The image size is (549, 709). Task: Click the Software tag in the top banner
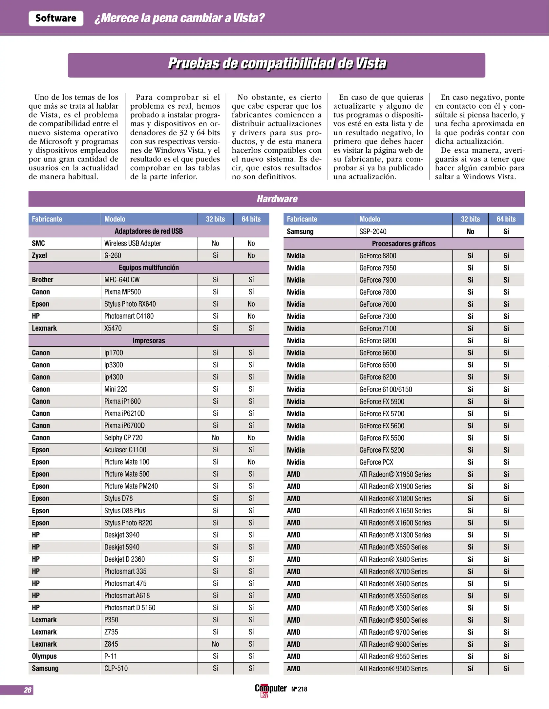coord(56,18)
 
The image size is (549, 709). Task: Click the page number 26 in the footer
coord(28,690)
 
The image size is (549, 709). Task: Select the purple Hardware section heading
coord(277,199)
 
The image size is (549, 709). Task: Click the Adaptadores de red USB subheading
coord(149,231)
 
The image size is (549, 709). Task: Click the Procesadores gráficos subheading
coord(404,244)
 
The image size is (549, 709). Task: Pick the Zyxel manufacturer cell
coord(39,255)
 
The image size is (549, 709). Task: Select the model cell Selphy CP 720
coord(123,438)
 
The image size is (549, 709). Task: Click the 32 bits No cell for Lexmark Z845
coord(215,644)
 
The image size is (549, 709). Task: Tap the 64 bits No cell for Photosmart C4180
coord(251,316)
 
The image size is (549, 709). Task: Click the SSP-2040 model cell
coord(373,231)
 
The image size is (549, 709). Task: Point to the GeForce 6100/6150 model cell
coord(386,389)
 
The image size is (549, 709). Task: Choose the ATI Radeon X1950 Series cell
coord(395,474)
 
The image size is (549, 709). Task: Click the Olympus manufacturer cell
coord(44,656)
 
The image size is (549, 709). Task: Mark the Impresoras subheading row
coord(149,341)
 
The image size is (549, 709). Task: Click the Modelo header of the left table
coord(115,219)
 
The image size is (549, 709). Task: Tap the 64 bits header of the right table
coord(506,219)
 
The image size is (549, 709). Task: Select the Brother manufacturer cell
coord(43,280)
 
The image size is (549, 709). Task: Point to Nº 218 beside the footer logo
coord(299,689)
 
